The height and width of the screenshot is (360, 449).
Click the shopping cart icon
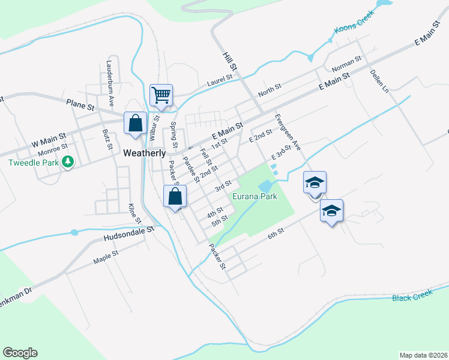coord(161,95)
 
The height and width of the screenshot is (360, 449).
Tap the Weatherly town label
coord(144,153)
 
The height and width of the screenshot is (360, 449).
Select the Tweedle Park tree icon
coord(68,161)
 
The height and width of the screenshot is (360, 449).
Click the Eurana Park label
coord(255,197)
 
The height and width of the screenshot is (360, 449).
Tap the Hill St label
coord(227,58)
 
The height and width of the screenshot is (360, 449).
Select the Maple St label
coord(106,257)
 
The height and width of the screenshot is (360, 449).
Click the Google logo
coord(20,353)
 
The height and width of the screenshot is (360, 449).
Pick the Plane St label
coord(80,104)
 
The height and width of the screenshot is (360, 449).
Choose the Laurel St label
coord(220,80)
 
